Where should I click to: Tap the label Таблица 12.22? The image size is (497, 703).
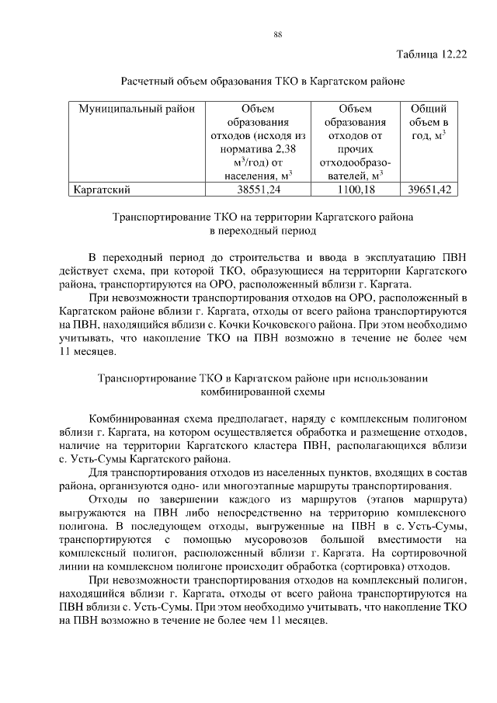(x=431, y=54)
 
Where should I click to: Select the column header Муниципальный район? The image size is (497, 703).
(x=130, y=109)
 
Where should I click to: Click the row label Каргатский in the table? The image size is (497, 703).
(x=100, y=189)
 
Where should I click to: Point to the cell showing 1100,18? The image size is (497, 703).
(x=356, y=189)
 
